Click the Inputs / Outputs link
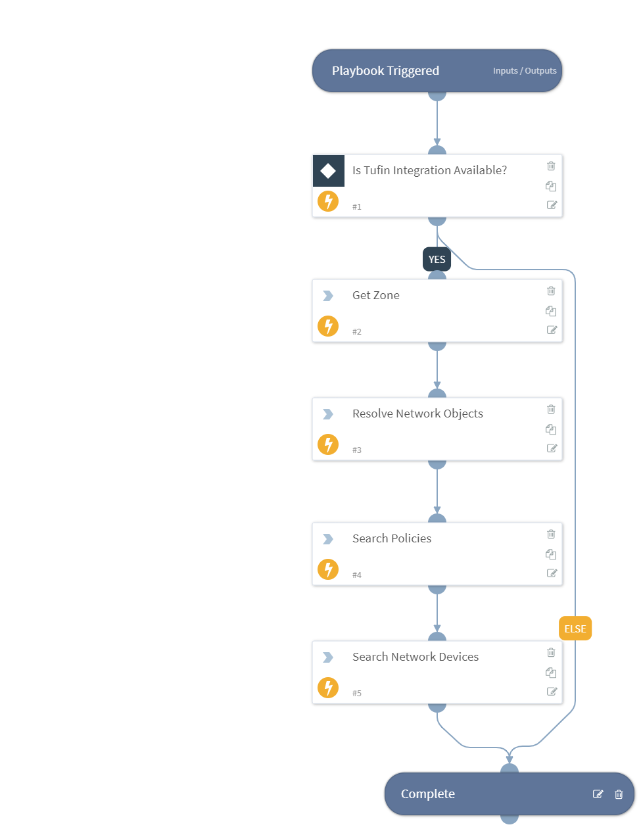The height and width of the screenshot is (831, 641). [525, 71]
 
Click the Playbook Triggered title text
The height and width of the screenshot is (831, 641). [385, 71]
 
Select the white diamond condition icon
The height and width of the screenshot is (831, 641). [328, 171]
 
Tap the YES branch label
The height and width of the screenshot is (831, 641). [437, 260]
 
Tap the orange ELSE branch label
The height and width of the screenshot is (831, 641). [575, 629]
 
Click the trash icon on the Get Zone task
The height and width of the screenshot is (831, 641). [551, 291]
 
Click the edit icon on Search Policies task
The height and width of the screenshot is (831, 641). [552, 573]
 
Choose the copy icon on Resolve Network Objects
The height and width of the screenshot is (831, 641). [551, 429]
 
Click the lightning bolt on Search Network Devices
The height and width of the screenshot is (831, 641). [328, 688]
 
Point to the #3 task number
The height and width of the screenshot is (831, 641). [356, 450]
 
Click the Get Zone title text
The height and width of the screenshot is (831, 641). [375, 296]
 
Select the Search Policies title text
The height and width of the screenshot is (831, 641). [392, 539]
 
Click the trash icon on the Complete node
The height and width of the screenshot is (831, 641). [619, 794]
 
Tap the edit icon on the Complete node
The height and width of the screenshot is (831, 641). [598, 794]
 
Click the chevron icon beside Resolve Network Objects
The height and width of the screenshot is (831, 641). [327, 414]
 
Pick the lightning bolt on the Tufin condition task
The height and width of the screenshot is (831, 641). [328, 201]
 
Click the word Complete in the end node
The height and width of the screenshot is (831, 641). [427, 794]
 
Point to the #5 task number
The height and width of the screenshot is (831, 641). [356, 694]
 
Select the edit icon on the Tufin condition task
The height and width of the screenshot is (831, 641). [552, 205]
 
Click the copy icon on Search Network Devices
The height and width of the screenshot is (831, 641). [551, 673]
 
